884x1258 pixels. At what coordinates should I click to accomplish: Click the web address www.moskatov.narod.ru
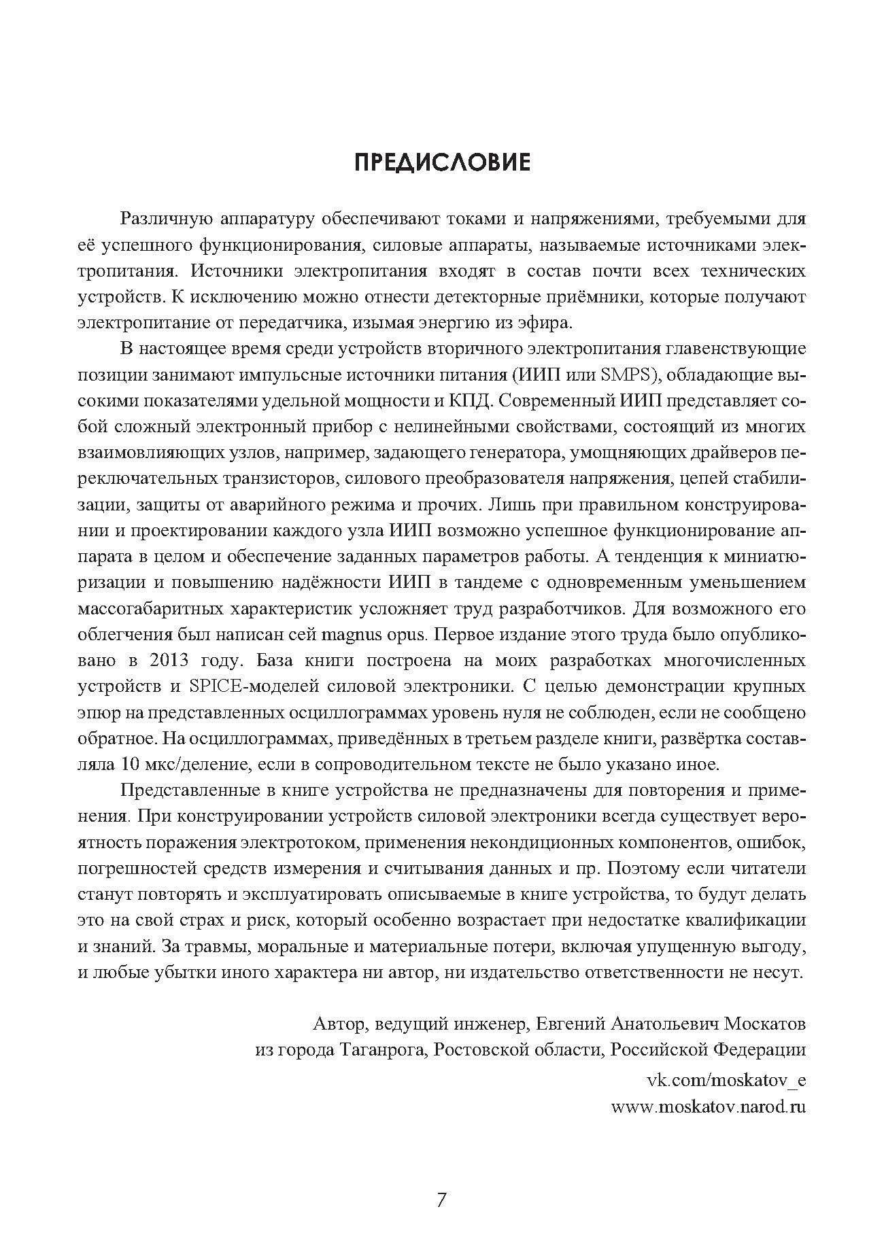709,1106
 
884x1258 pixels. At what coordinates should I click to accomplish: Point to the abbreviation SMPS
620,375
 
